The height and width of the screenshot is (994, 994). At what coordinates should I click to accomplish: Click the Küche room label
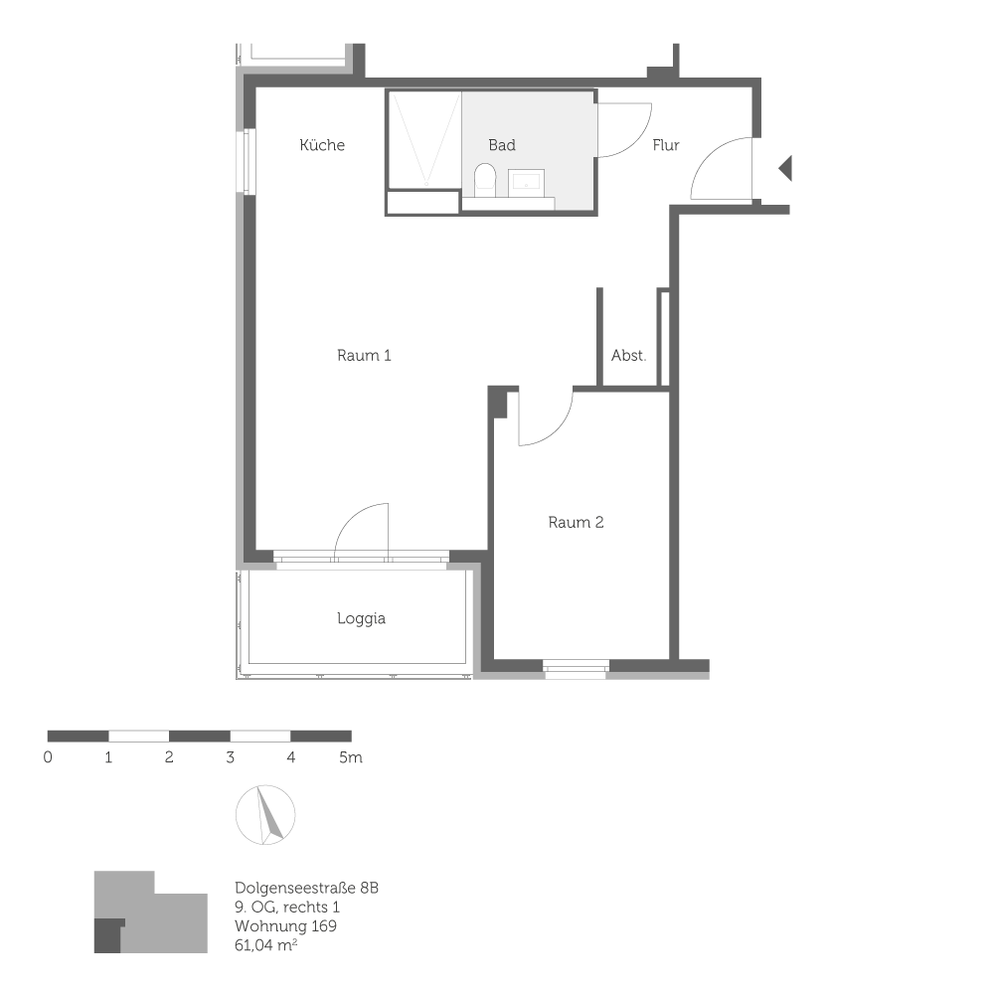pos(322,145)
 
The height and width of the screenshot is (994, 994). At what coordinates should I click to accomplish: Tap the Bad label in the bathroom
pos(502,145)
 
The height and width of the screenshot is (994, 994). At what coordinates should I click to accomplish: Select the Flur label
pos(666,145)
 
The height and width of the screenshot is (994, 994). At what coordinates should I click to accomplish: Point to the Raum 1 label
pos(364,355)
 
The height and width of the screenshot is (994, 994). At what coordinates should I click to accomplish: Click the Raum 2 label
pos(576,522)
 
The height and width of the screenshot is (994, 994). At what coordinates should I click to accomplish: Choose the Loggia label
pos(361,618)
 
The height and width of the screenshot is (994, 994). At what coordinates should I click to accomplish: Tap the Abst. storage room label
pos(628,355)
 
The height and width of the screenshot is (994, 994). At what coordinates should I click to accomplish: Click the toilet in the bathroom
pos(484,180)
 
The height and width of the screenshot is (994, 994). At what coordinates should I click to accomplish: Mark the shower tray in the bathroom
pos(423,139)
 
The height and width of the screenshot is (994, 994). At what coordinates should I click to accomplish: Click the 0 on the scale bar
pos(48,757)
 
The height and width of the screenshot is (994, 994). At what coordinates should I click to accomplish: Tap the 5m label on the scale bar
pos(350,757)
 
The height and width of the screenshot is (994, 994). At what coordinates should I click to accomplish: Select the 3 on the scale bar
pos(231,757)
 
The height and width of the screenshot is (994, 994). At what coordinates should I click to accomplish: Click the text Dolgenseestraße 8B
pos(307,887)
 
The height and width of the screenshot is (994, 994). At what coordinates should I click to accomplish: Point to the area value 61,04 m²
pos(267,946)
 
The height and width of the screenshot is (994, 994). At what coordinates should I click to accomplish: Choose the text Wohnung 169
pos(285,926)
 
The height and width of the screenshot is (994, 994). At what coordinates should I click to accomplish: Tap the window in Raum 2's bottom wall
pos(577,668)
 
